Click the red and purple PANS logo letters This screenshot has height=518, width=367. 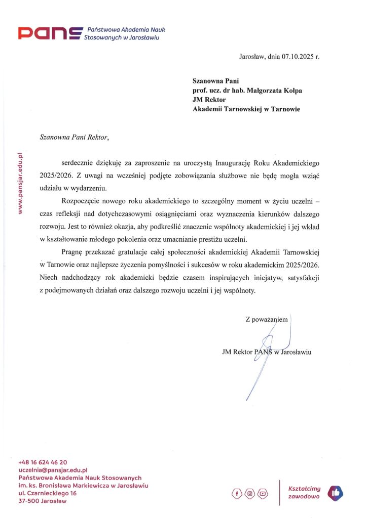[x=49, y=34]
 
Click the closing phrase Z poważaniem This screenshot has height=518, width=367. [x=267, y=319]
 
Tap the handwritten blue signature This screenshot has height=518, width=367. [x=269, y=354]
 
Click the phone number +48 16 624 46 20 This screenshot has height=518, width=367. [x=43, y=462]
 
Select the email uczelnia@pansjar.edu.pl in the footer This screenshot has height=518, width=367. [x=53, y=470]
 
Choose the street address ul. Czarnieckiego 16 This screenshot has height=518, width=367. [x=48, y=493]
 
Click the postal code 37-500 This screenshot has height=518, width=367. [x=29, y=501]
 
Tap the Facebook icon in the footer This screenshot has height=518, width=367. [x=237, y=493]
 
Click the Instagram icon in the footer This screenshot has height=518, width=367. [x=249, y=493]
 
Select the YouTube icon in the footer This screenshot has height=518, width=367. [x=262, y=493]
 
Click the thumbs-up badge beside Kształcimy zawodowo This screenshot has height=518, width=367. [x=335, y=492]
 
